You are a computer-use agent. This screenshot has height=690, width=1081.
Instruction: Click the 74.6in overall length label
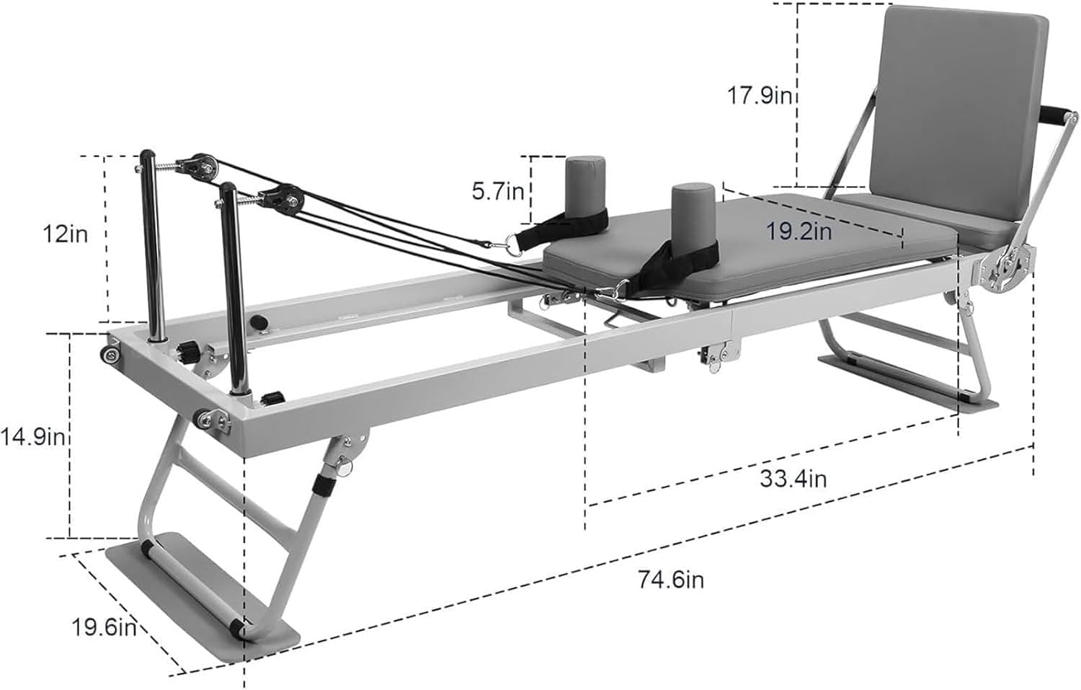click(671, 580)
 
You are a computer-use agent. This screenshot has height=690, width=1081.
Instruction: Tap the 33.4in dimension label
click(793, 479)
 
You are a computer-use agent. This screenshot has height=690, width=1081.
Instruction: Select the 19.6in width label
click(104, 629)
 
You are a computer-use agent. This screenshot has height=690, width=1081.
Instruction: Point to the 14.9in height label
click(32, 438)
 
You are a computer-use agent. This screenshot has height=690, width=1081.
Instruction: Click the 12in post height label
click(65, 234)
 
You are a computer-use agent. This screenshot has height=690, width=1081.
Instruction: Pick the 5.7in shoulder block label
click(497, 192)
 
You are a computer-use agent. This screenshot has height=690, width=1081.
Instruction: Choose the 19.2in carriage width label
click(799, 231)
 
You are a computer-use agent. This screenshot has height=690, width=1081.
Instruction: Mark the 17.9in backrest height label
click(760, 96)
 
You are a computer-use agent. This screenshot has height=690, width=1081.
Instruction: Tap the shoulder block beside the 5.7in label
click(585, 191)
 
